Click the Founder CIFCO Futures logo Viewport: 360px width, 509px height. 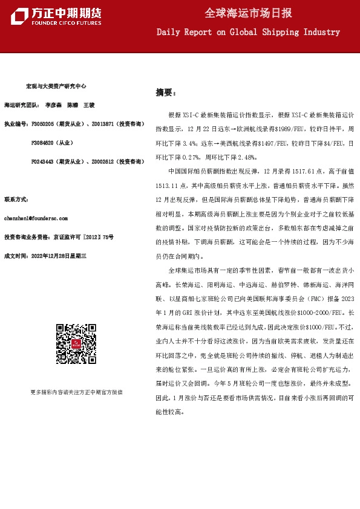pyautogui.click(x=56, y=17)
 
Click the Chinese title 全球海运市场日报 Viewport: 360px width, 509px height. pyautogui.click(x=248, y=13)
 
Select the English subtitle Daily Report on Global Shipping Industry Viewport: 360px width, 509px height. pyautogui.click(x=248, y=31)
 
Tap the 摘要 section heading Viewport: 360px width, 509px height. pyautogui.click(x=165, y=92)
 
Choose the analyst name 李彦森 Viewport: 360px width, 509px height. pyautogui.click(x=53, y=105)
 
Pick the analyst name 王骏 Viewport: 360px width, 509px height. pyautogui.click(x=90, y=105)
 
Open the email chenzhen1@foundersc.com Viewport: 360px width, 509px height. pyautogui.click(x=36, y=218)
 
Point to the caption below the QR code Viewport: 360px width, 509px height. pyautogui.click(x=76, y=392)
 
